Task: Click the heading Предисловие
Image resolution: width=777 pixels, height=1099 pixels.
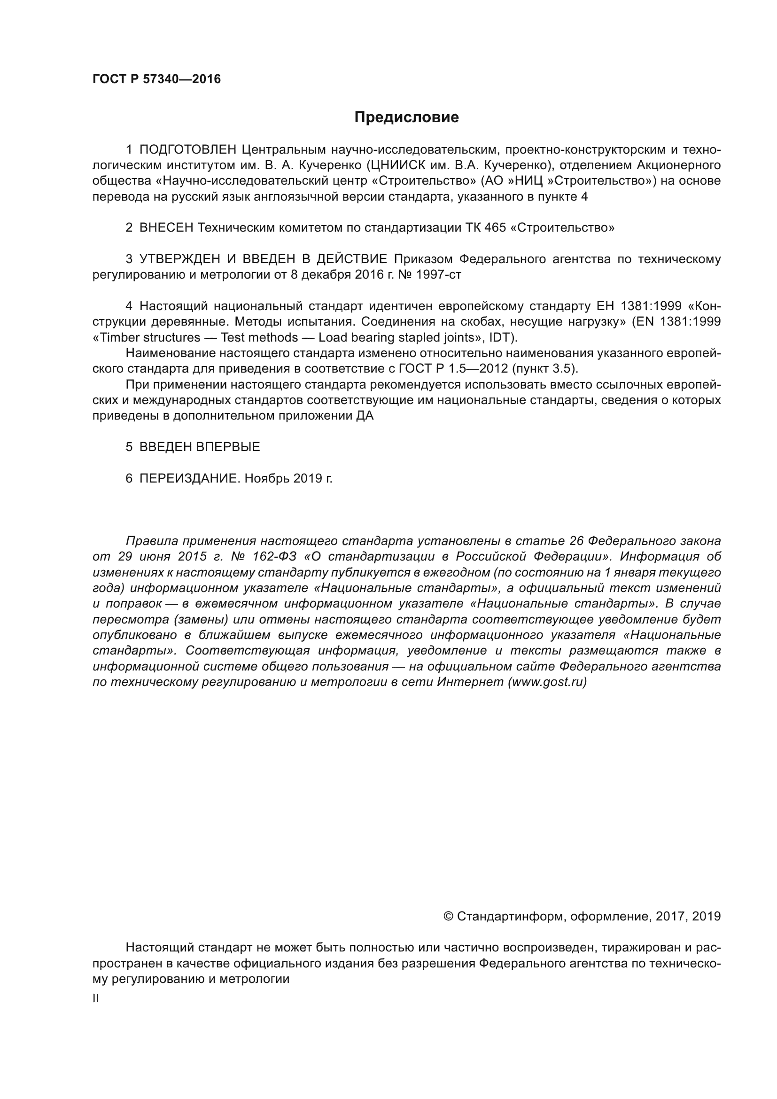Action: (x=406, y=117)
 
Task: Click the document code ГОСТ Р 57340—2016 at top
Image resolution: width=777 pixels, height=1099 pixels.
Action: (x=156, y=79)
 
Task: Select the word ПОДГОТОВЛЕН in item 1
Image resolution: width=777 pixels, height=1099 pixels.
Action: (x=187, y=150)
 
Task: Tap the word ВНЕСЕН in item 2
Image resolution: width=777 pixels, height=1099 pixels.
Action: (x=166, y=228)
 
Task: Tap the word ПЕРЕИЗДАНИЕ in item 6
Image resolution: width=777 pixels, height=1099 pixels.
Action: (x=188, y=478)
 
